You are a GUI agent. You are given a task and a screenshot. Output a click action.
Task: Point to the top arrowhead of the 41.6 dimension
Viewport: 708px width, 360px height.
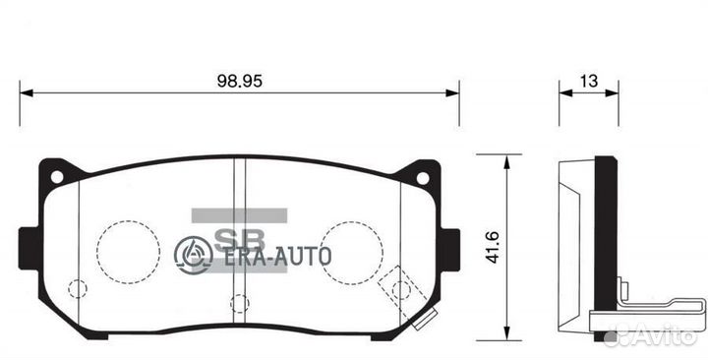(504, 158)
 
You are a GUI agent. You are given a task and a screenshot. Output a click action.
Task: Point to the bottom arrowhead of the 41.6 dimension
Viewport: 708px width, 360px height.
(504, 330)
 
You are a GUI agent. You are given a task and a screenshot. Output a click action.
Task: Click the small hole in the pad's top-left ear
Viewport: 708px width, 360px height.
(56, 177)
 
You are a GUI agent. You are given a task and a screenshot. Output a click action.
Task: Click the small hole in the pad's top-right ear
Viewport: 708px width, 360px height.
(423, 178)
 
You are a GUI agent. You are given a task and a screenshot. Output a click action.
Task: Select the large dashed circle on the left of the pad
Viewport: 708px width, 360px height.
(128, 247)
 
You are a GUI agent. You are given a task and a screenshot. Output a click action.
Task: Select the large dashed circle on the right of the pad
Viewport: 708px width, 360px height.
(350, 247)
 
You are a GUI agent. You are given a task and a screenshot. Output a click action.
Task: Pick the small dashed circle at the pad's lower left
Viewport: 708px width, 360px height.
(78, 288)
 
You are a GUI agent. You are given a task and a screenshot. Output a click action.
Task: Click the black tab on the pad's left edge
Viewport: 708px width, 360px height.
(26, 249)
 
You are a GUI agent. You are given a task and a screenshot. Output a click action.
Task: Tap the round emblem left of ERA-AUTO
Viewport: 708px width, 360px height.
(194, 255)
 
